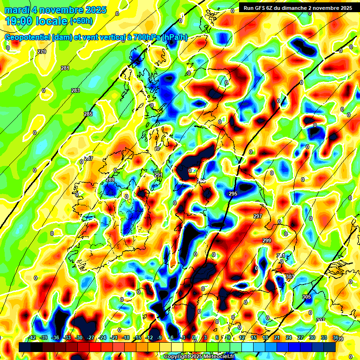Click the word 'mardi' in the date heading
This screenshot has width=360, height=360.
pyautogui.click(x=16, y=10)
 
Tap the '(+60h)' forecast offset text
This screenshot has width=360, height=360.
pyautogui.click(x=82, y=21)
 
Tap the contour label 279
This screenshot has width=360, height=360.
pyautogui.click(x=42, y=52)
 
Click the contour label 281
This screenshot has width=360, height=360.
pyautogui.click(x=65, y=68)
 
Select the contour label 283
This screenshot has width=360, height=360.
pyautogui.click(x=75, y=90)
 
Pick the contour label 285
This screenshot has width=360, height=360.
pyautogui.click(x=88, y=114)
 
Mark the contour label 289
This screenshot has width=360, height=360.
pyautogui.click(x=110, y=180)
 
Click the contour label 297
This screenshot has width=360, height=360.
pyautogui.click(x=257, y=216)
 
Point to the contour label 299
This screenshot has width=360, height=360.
pyautogui.click(x=267, y=240)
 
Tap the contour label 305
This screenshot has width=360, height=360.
pyautogui.click(x=307, y=297)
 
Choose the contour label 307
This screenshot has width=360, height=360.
pyautogui.click(x=320, y=320)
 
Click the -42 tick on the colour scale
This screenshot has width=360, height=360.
pyautogui.click(x=32, y=337)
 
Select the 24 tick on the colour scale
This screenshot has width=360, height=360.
pyautogui.click(x=288, y=337)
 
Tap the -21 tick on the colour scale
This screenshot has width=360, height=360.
pyautogui.click(x=114, y=337)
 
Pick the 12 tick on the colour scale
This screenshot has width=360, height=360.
pyautogui.click(x=241, y=337)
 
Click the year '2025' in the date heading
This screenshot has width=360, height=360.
pyautogui.click(x=96, y=10)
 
